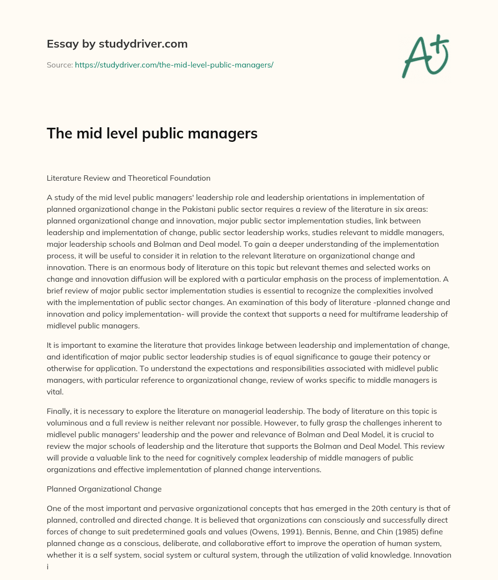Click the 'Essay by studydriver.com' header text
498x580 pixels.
117,44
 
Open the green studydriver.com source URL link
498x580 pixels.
174,65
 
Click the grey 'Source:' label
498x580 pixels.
59,65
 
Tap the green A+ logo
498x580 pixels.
425,56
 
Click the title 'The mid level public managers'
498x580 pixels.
152,134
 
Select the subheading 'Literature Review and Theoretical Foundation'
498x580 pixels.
128,178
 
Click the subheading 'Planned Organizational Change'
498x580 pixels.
104,489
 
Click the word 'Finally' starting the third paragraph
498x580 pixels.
59,411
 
